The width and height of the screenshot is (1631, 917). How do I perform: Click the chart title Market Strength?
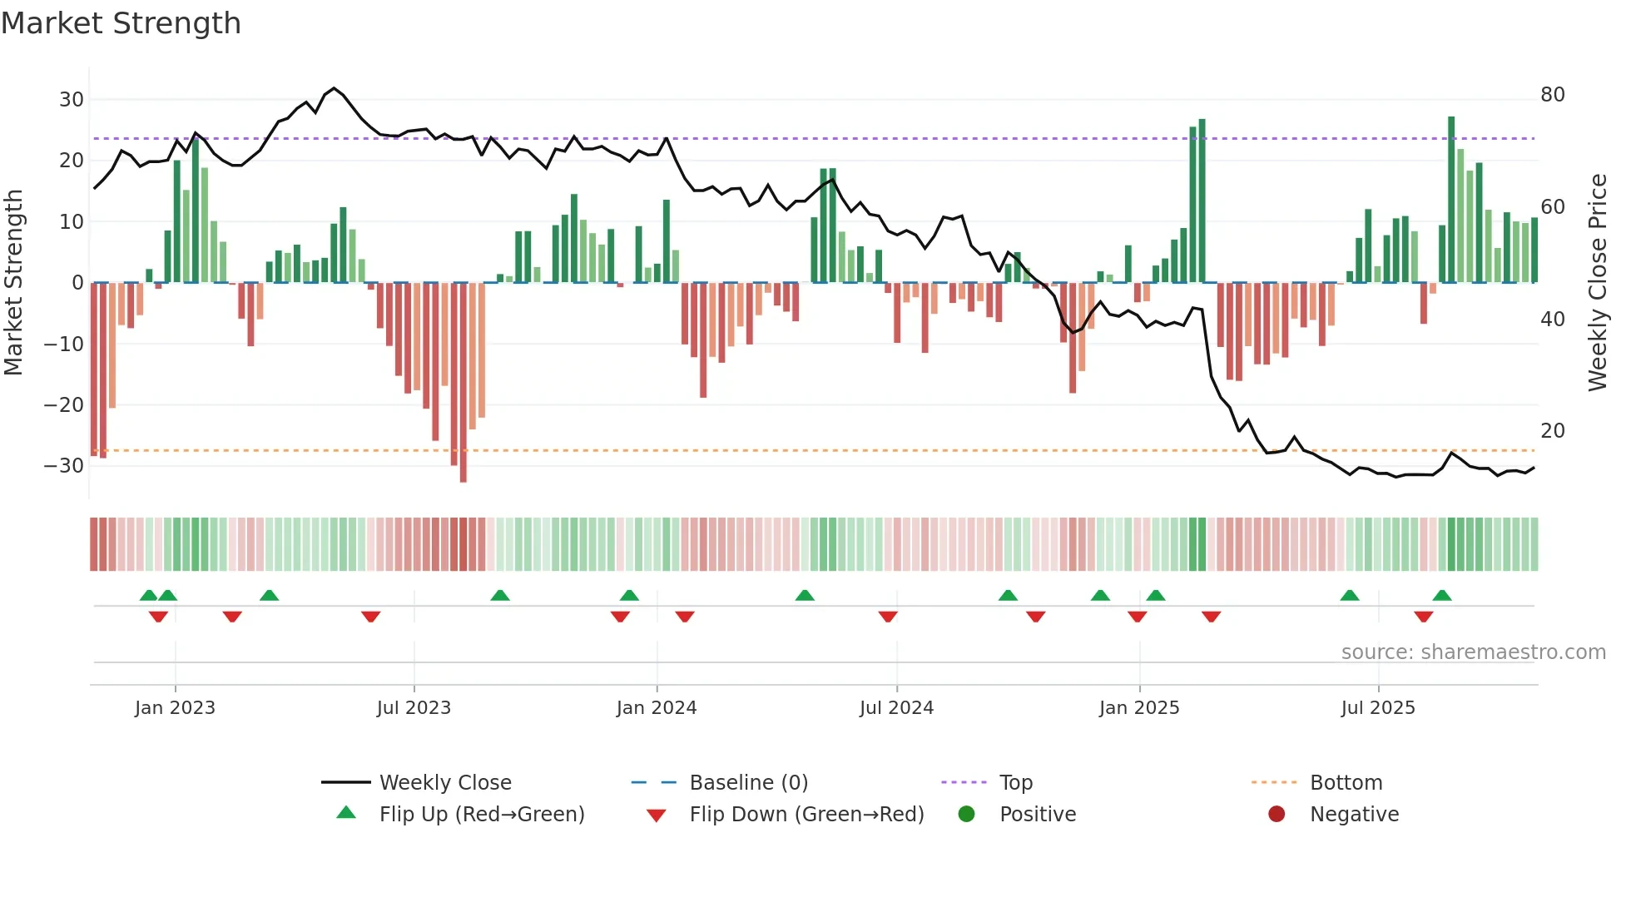(121, 23)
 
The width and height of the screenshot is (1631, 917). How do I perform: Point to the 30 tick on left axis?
(72, 100)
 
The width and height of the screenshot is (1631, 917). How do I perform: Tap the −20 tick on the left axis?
(64, 405)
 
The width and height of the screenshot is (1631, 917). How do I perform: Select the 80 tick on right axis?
(1553, 95)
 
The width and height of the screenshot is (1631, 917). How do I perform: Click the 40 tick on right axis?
(1553, 320)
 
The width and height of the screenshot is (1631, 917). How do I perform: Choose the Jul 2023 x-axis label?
(414, 708)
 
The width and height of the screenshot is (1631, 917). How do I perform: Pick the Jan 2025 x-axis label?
(1139, 708)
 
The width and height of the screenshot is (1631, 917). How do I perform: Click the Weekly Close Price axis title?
(1598, 283)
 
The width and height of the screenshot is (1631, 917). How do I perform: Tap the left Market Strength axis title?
(13, 283)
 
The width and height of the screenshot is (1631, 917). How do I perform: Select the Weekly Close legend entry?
(445, 783)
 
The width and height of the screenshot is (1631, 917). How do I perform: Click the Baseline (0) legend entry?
(748, 783)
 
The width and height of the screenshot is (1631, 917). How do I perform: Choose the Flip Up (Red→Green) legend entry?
(482, 815)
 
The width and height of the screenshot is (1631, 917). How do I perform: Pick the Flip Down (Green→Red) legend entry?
(806, 815)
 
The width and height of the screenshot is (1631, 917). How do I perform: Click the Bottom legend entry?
(1346, 783)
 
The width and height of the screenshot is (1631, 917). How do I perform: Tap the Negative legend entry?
(1354, 815)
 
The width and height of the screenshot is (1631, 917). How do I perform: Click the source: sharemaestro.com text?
(1473, 652)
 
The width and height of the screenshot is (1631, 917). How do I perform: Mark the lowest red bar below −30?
(464, 383)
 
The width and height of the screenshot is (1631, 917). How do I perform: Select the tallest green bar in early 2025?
(1202, 200)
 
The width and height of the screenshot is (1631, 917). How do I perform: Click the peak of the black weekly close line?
(334, 88)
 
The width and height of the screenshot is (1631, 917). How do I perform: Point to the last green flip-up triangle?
(1442, 596)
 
